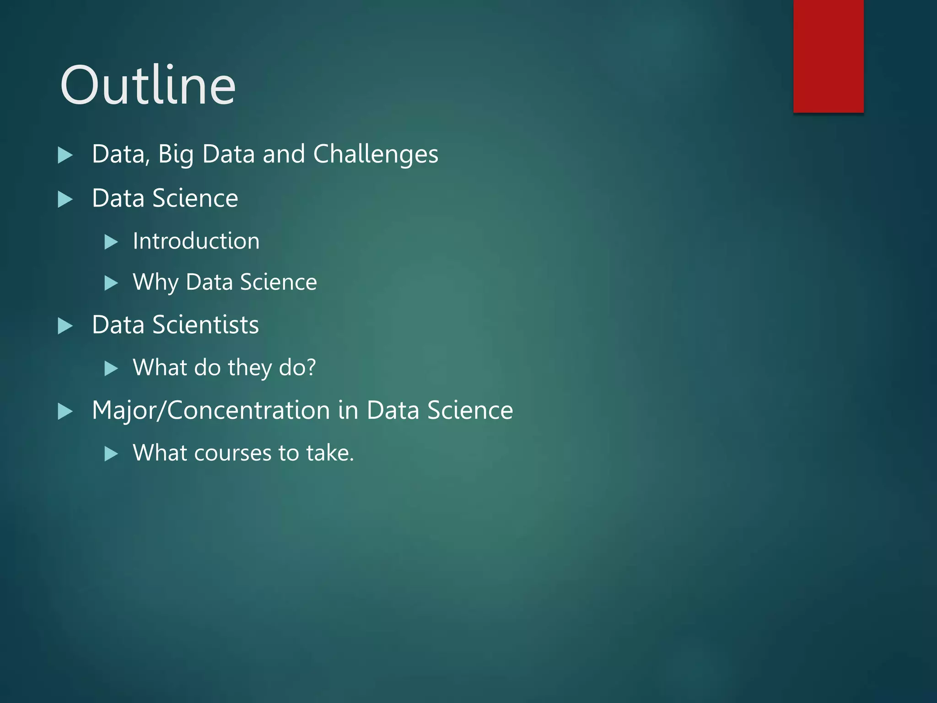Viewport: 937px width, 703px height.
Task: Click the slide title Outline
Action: [x=148, y=85]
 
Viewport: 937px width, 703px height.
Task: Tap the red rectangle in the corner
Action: [x=828, y=56]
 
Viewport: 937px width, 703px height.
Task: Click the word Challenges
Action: [x=376, y=154]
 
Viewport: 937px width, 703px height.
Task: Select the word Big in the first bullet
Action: [x=176, y=154]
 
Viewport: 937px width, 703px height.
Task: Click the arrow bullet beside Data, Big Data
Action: [x=65, y=156]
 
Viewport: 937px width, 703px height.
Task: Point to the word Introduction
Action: [x=196, y=241]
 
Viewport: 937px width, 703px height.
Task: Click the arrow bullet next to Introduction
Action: [x=111, y=242]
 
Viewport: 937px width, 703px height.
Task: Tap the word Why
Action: [x=155, y=282]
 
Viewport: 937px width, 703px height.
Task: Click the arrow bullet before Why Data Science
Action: [x=111, y=283]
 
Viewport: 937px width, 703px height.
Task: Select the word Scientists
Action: [x=205, y=325]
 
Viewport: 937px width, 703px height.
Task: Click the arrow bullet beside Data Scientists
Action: [x=65, y=326]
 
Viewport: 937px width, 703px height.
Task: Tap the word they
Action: [x=249, y=368]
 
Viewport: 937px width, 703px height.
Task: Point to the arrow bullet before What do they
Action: [x=111, y=368]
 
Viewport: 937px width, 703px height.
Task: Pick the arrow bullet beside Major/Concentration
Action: [x=65, y=411]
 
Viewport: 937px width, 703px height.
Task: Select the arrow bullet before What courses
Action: [x=111, y=454]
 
